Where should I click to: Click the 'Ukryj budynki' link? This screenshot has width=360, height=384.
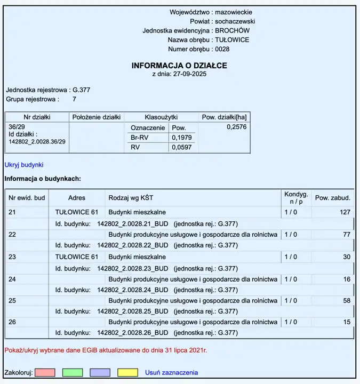(x=24, y=165)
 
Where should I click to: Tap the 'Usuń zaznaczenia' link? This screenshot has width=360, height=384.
(x=171, y=372)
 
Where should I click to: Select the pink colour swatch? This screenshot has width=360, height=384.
(x=45, y=372)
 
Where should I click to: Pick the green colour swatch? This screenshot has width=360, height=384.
(x=73, y=372)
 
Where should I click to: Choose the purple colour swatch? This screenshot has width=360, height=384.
(x=100, y=372)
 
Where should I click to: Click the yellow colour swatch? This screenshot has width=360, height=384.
(x=127, y=372)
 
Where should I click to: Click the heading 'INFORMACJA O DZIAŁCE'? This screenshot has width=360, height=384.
(x=179, y=66)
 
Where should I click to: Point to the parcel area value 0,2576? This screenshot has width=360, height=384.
(x=237, y=127)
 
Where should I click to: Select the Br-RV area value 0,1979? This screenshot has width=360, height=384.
(x=181, y=138)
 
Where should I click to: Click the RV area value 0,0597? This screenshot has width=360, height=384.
(x=181, y=147)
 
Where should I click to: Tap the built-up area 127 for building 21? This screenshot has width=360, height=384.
(x=345, y=212)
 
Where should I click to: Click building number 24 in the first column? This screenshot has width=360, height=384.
(x=13, y=279)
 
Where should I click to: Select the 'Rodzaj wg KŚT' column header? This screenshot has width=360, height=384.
(x=131, y=198)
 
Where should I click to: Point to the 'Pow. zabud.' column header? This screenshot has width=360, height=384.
(x=332, y=198)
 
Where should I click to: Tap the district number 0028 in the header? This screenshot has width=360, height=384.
(x=222, y=49)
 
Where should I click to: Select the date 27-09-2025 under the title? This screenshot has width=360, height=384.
(x=190, y=74)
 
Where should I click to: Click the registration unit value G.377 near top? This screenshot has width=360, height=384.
(x=81, y=90)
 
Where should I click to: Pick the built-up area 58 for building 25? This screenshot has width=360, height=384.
(x=347, y=301)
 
